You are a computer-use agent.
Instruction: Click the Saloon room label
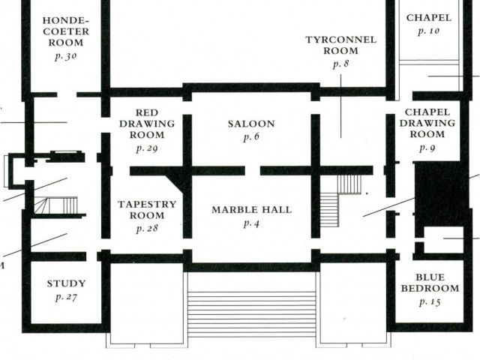pos(250,124)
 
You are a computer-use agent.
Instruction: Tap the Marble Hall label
pos(250,209)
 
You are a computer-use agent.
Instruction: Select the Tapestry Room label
pos(147,209)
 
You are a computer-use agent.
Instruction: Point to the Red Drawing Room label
pos(147,124)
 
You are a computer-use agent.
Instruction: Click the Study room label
pos(66,283)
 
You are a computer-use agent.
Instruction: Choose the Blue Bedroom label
pos(429,282)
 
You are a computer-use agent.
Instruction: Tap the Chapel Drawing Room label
pos(427,123)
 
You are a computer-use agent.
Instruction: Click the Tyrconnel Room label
pos(340,45)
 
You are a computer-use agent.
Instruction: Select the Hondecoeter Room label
pos(65,31)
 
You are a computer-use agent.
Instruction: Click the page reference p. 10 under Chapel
pos(428,31)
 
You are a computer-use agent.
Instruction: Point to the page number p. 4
pos(250,223)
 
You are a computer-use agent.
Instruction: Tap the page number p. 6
pos(250,137)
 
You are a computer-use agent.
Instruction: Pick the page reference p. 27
pos(66,297)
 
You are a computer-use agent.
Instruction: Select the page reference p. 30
pos(65,55)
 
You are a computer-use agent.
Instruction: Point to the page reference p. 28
pos(147,228)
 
